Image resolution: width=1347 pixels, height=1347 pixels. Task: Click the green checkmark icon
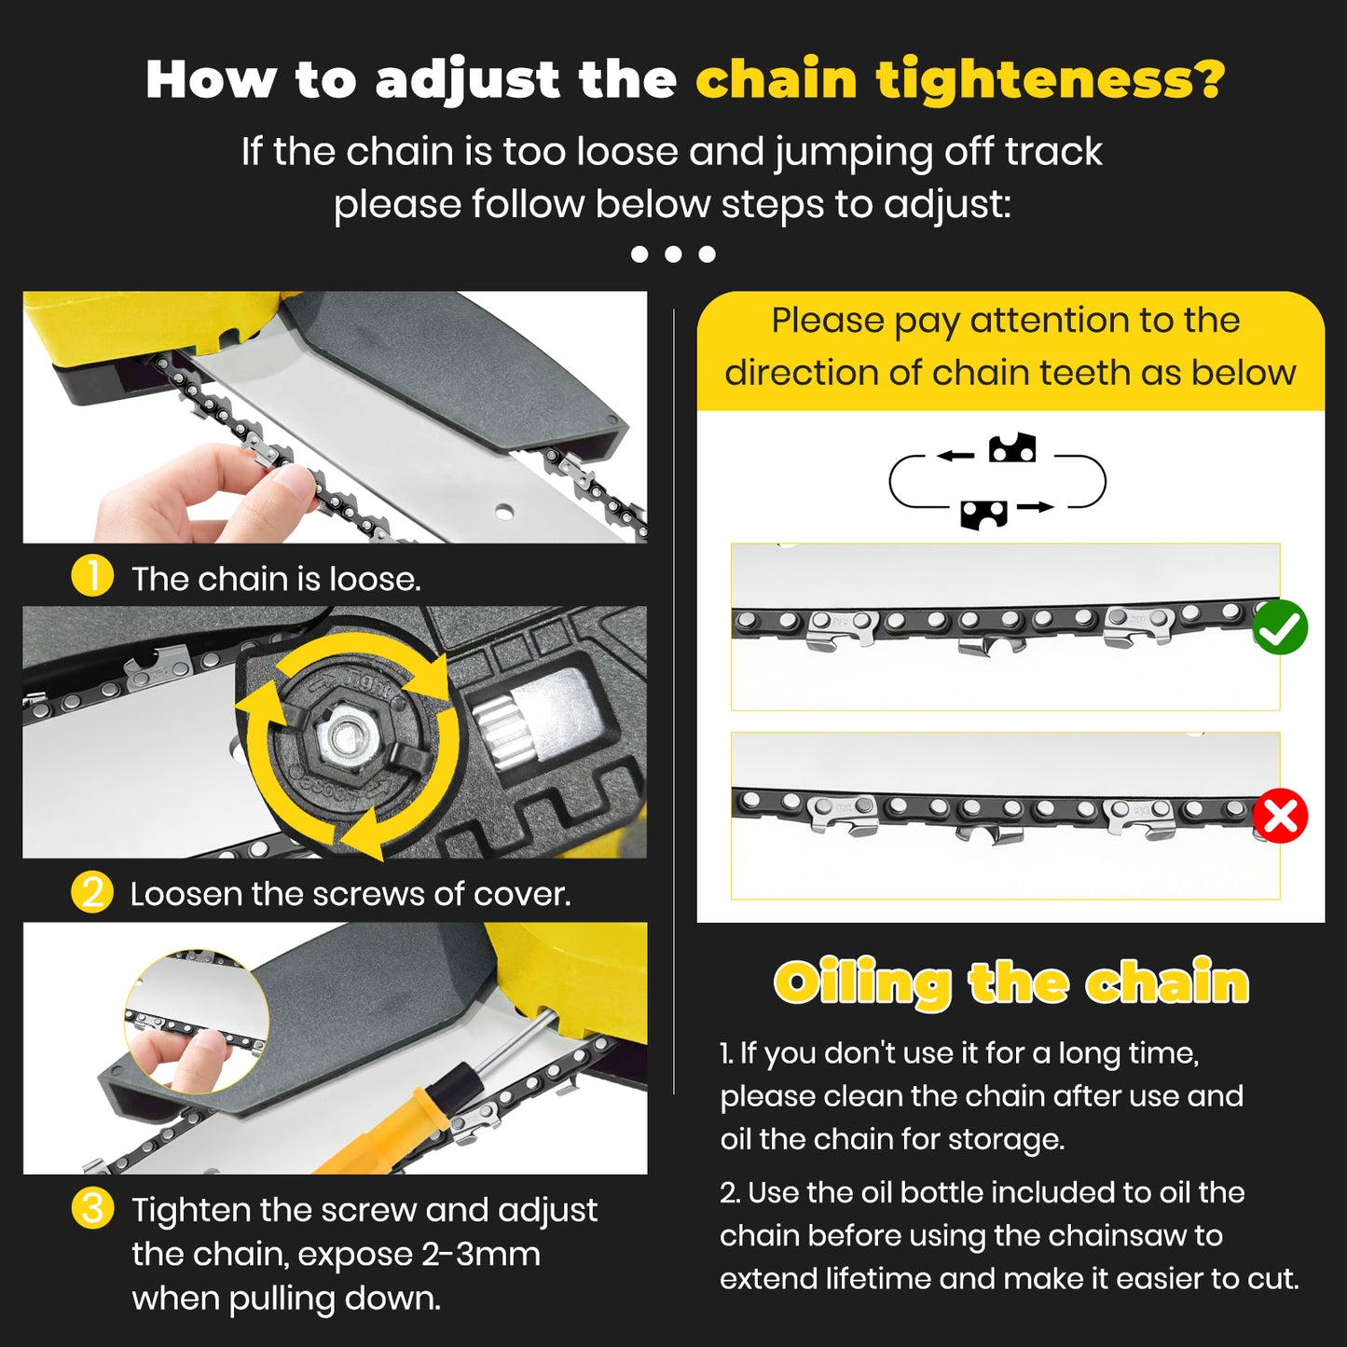1280,628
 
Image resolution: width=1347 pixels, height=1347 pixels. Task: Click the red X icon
1280,817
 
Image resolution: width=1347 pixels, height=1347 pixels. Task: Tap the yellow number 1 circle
92,577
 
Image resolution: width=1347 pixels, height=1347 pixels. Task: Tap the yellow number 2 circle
92,892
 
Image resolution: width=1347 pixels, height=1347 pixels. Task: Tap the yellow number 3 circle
92,1208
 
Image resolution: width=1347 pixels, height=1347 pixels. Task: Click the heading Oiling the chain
1010,983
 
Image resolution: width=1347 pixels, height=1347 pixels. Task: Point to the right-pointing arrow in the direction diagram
1036,507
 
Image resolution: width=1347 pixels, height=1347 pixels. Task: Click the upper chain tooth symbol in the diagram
1012,448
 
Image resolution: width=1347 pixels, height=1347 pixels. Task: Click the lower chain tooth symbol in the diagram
984,514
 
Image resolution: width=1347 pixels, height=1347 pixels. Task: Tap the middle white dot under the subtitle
673,254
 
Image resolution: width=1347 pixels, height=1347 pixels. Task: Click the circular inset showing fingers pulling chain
197,1022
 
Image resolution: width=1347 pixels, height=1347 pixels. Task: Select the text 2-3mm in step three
480,1254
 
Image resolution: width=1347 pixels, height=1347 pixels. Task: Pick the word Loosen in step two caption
185,894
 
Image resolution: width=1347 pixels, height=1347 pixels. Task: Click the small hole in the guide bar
504,511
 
